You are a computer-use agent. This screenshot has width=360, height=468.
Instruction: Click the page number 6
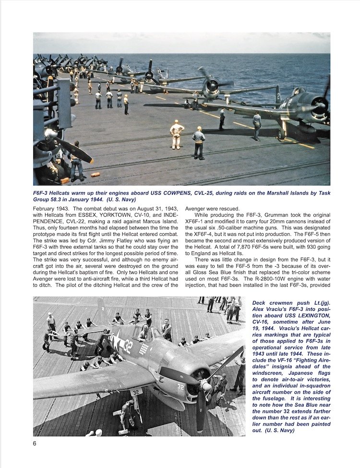[35, 443]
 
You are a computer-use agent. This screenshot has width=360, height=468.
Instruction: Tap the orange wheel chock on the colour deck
[95, 174]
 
